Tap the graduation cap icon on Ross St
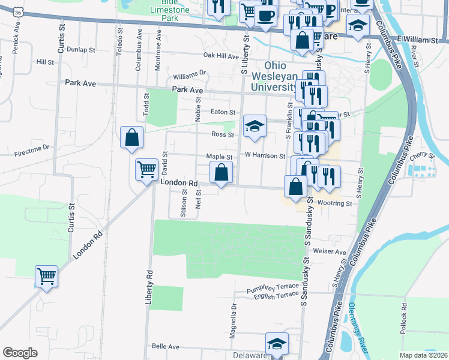255,127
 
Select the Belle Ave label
166,346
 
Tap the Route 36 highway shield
20,12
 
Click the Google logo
20,353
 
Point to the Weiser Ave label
334,252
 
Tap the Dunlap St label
82,50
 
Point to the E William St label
419,39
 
